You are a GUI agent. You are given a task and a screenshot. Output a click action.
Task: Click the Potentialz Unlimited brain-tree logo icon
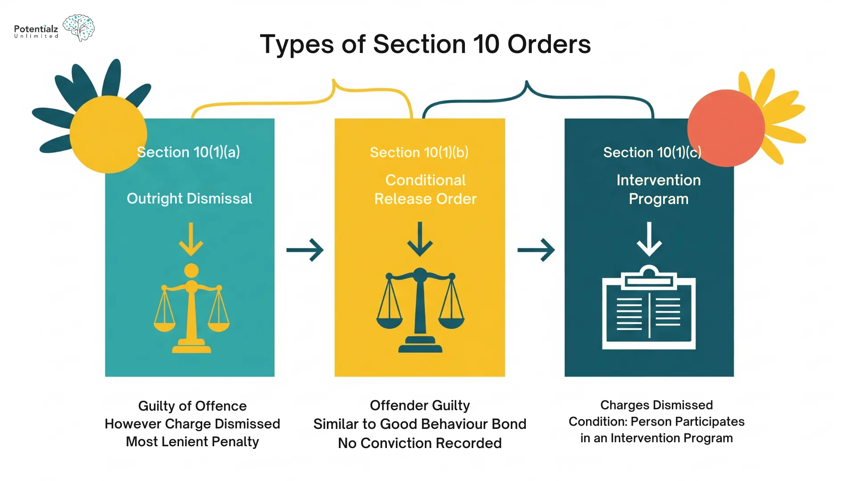79,27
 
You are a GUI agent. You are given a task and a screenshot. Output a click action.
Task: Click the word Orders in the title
549,44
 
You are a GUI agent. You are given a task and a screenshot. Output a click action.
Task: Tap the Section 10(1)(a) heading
188,152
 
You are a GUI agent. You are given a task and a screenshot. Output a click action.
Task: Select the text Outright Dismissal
189,198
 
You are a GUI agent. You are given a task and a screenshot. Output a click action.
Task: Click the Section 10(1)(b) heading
419,152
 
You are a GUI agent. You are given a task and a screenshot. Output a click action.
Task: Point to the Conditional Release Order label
425,189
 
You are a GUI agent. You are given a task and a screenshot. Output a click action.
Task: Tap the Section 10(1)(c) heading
652,152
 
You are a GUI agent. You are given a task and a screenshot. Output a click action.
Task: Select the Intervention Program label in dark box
658,189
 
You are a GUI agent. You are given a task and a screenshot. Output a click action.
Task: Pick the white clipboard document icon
649,308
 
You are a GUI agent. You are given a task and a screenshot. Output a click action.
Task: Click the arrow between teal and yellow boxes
305,250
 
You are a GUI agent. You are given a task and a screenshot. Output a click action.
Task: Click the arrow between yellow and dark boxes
536,250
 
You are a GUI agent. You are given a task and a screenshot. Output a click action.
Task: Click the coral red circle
726,128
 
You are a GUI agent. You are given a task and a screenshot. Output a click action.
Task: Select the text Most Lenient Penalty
192,441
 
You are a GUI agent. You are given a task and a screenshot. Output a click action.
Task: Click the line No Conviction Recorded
419,443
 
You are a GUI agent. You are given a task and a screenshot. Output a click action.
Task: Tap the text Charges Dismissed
656,405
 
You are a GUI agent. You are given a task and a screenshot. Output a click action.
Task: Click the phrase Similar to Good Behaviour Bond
419,424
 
